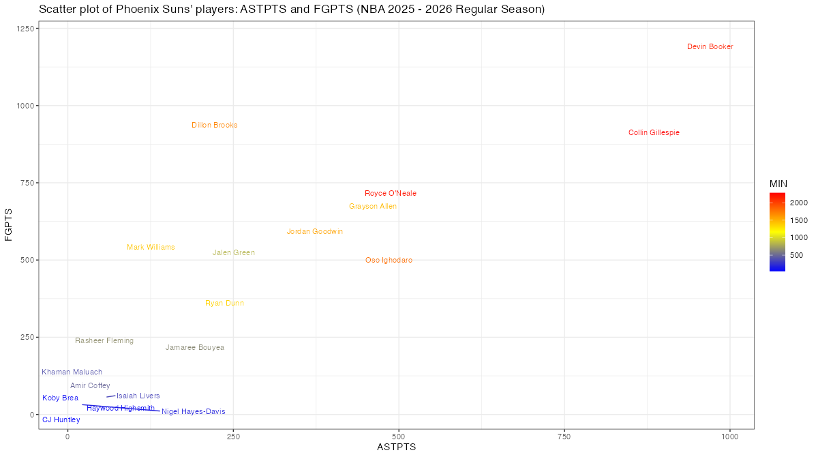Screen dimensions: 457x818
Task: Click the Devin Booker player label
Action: point(710,47)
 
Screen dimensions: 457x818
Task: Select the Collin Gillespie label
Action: point(654,133)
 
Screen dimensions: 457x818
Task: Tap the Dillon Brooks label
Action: point(215,126)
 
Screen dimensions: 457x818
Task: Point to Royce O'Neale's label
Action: point(390,194)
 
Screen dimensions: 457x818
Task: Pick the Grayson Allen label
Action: point(373,207)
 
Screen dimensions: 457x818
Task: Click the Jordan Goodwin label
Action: point(315,232)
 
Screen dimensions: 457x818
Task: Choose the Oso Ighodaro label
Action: point(389,261)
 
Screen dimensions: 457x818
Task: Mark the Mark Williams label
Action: point(151,248)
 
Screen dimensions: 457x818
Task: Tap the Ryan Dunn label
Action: point(224,304)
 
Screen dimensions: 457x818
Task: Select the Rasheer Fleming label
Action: point(104,341)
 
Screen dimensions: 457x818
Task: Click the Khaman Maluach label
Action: point(72,372)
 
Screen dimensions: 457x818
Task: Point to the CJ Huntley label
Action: point(61,420)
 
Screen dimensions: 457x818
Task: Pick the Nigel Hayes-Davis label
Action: point(193,412)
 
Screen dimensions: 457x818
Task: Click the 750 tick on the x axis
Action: point(564,436)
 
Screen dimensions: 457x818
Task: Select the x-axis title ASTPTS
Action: point(396,447)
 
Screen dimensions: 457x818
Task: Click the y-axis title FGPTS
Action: point(9,225)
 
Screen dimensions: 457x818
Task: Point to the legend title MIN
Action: point(778,184)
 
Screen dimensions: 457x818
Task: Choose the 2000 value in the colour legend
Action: point(799,203)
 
